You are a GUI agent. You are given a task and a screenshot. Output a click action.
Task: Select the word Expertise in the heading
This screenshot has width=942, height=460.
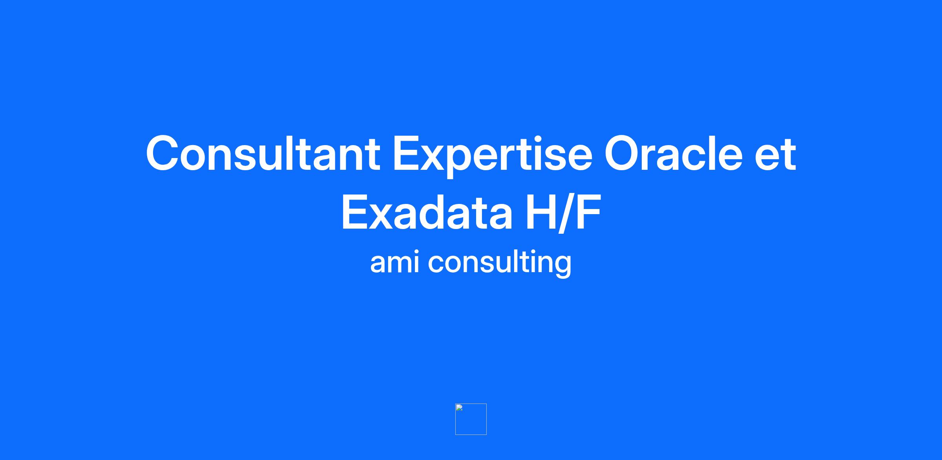[493, 156]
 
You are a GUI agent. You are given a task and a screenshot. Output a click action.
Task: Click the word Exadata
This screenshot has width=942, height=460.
[427, 213]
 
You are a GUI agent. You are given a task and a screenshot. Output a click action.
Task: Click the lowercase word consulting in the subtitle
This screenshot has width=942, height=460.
[500, 264]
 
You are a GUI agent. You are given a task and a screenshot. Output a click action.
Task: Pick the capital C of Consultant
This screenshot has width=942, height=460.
[163, 153]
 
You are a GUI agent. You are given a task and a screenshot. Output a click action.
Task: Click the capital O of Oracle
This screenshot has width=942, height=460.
[624, 153]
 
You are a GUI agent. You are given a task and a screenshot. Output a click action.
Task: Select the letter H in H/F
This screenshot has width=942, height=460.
[542, 213]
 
